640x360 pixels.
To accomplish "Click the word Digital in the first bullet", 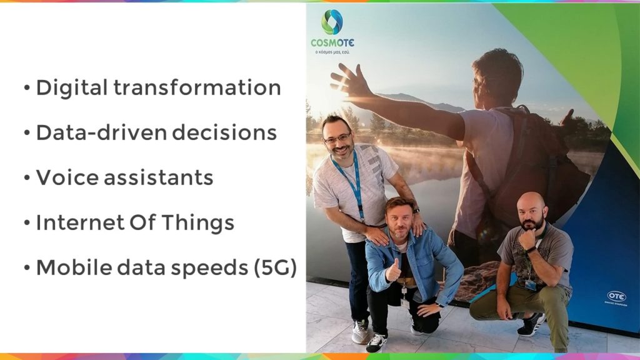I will click(x=71, y=88).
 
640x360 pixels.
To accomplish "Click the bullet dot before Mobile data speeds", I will click(x=27, y=267).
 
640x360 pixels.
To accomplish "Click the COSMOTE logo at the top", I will click(x=332, y=31).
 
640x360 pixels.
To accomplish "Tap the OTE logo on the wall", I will click(x=616, y=297).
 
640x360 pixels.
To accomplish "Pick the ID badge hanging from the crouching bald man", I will click(x=531, y=285).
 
